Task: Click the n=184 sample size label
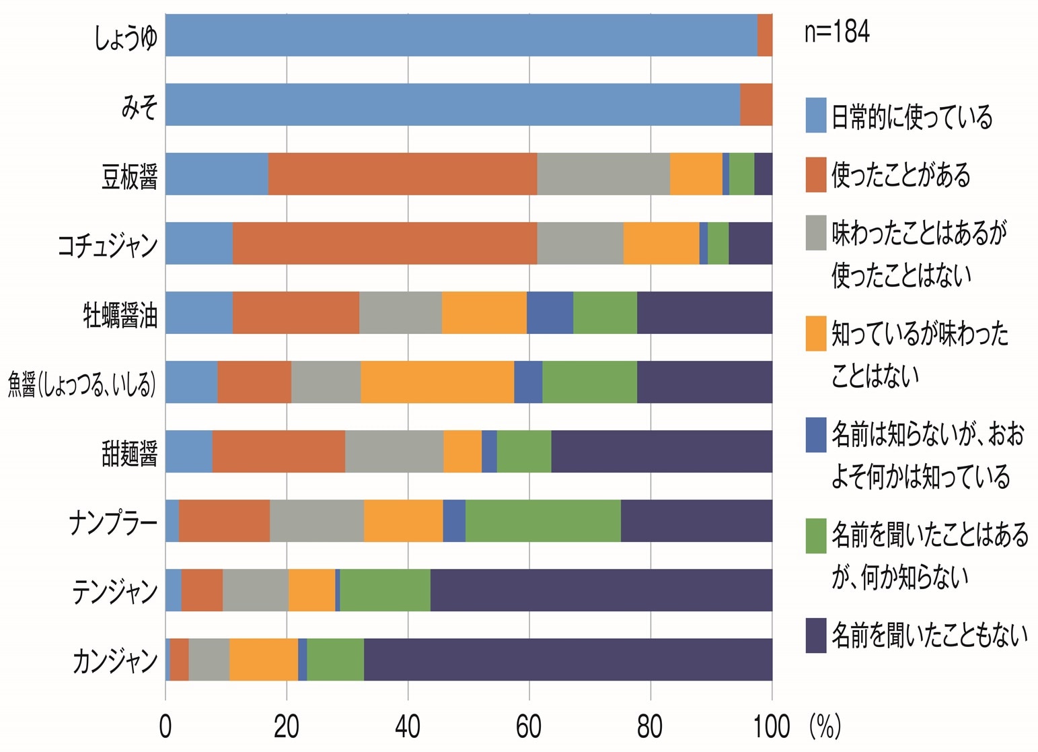coord(836,32)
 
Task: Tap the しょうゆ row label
coord(125,36)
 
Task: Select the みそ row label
coord(139,106)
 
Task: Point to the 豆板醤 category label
coord(129,176)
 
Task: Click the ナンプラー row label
coord(113,522)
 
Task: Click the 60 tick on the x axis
coord(529,727)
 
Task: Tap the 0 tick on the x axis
coord(165,727)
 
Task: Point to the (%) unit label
coord(825,727)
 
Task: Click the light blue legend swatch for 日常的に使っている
coord(815,115)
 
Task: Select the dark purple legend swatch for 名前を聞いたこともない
coord(815,635)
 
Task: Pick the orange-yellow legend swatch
coord(815,333)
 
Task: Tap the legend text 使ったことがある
coord(901,175)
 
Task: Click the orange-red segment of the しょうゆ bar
coord(764,35)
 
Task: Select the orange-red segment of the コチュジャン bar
coord(385,243)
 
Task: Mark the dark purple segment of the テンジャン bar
coord(601,590)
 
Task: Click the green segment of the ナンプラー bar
coord(543,520)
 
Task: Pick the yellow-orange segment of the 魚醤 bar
coord(437,382)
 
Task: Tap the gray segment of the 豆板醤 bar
coord(603,174)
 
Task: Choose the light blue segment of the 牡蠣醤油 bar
coord(198,312)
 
